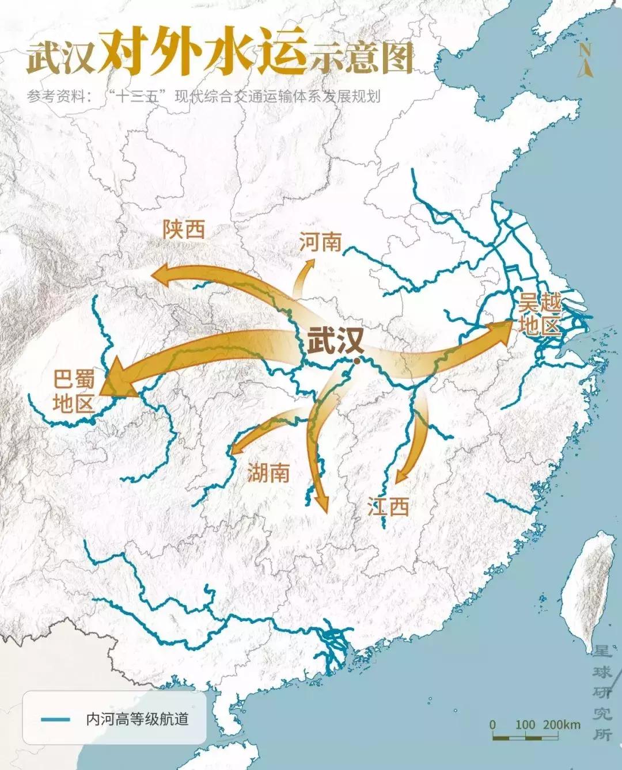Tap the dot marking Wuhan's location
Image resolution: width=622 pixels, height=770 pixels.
click(358, 361)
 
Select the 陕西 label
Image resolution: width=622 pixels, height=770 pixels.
click(184, 230)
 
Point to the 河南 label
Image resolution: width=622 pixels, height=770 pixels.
click(320, 242)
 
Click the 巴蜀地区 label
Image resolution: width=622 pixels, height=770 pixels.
click(73, 392)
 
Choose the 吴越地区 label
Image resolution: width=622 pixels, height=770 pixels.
click(540, 315)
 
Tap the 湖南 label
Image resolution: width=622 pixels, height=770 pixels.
click(268, 473)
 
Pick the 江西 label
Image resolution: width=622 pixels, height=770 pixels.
click(389, 507)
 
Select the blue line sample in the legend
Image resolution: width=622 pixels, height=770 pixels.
click(56, 719)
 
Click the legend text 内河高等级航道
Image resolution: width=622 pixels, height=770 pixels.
click(137, 719)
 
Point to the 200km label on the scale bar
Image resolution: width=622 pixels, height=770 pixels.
click(562, 725)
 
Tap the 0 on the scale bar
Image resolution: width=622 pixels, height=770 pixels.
click(492, 725)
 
